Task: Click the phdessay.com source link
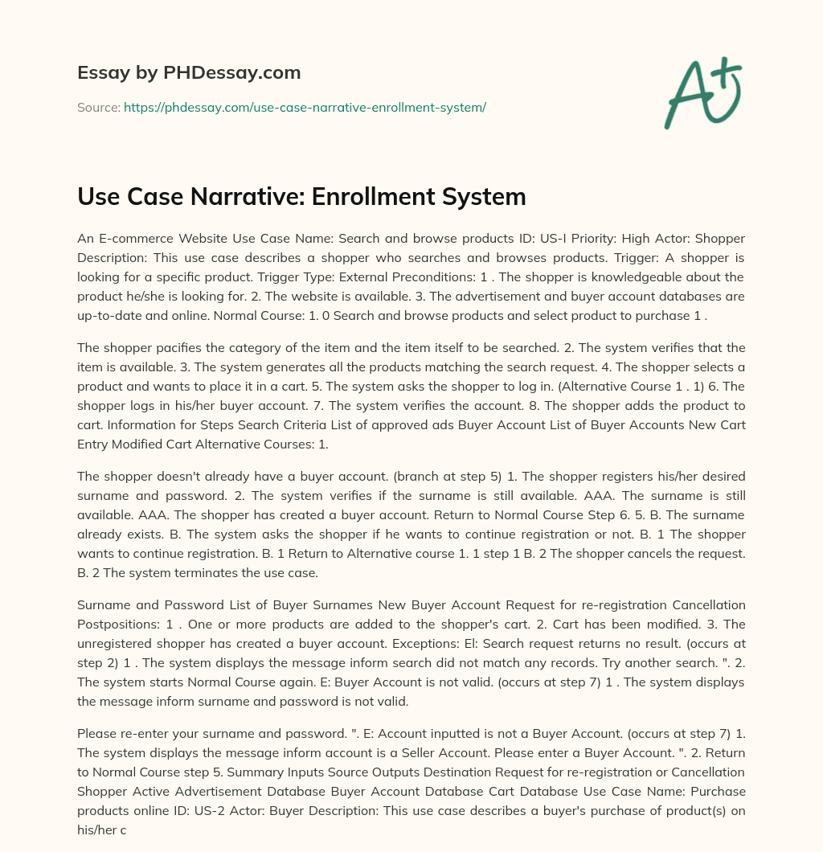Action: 305,106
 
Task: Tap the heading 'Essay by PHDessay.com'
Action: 189,73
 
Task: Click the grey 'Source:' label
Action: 98,106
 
